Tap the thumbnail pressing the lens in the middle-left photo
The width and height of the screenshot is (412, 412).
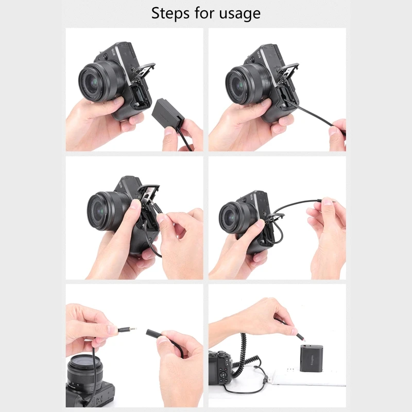coord(135,204)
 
